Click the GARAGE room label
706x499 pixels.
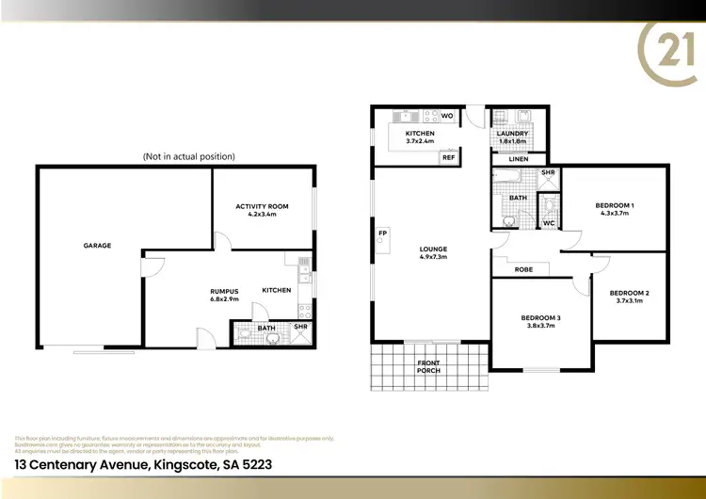(97, 246)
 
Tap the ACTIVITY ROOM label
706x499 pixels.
(262, 206)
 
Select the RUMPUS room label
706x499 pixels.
(224, 290)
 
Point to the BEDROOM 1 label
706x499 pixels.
(615, 205)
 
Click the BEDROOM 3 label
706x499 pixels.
(540, 318)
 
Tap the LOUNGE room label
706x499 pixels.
(433, 249)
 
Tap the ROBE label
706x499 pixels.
(524, 269)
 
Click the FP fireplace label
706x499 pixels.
(383, 233)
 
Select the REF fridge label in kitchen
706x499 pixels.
(448, 158)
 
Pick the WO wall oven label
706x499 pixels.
(447, 117)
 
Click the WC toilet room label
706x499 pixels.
(549, 223)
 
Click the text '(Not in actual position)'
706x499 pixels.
(188, 156)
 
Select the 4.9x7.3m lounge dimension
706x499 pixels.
(433, 257)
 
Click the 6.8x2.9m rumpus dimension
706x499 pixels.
(224, 298)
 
